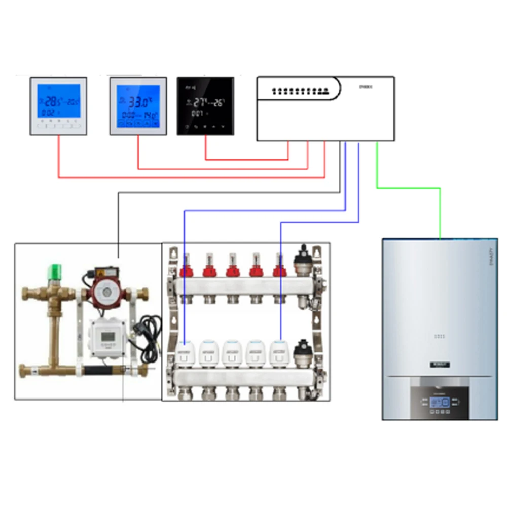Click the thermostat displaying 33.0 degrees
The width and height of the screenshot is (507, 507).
tap(138, 105)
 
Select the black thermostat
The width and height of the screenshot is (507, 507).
tap(205, 106)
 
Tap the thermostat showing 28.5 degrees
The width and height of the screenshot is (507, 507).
tap(58, 105)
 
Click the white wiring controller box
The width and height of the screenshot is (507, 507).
tap(325, 108)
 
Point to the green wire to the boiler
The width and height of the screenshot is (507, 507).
tap(409, 188)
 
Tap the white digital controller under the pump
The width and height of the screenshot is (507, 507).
tap(107, 337)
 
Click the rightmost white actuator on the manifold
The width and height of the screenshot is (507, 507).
tap(279, 350)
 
